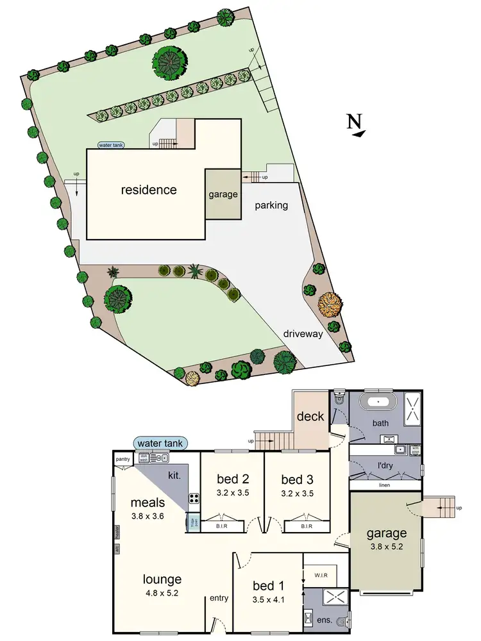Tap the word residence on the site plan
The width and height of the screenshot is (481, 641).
click(149, 190)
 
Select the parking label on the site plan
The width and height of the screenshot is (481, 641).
click(271, 206)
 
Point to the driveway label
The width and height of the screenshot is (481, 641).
click(305, 333)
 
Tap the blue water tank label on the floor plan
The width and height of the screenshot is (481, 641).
click(160, 443)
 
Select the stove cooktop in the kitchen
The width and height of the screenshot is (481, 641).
click(192, 497)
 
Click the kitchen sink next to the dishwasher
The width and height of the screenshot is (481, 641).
click(160, 458)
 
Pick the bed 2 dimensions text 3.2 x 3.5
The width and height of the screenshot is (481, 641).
click(224, 494)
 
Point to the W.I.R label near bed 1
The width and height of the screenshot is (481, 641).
click(320, 575)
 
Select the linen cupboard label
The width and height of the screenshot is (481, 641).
click(384, 486)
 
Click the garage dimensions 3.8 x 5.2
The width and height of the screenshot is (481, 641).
click(386, 547)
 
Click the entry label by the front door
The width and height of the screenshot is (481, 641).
click(219, 598)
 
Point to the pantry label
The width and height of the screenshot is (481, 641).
click(123, 460)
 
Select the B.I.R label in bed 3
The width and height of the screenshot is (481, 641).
click(307, 526)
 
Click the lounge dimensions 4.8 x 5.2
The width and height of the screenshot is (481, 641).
click(162, 593)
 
